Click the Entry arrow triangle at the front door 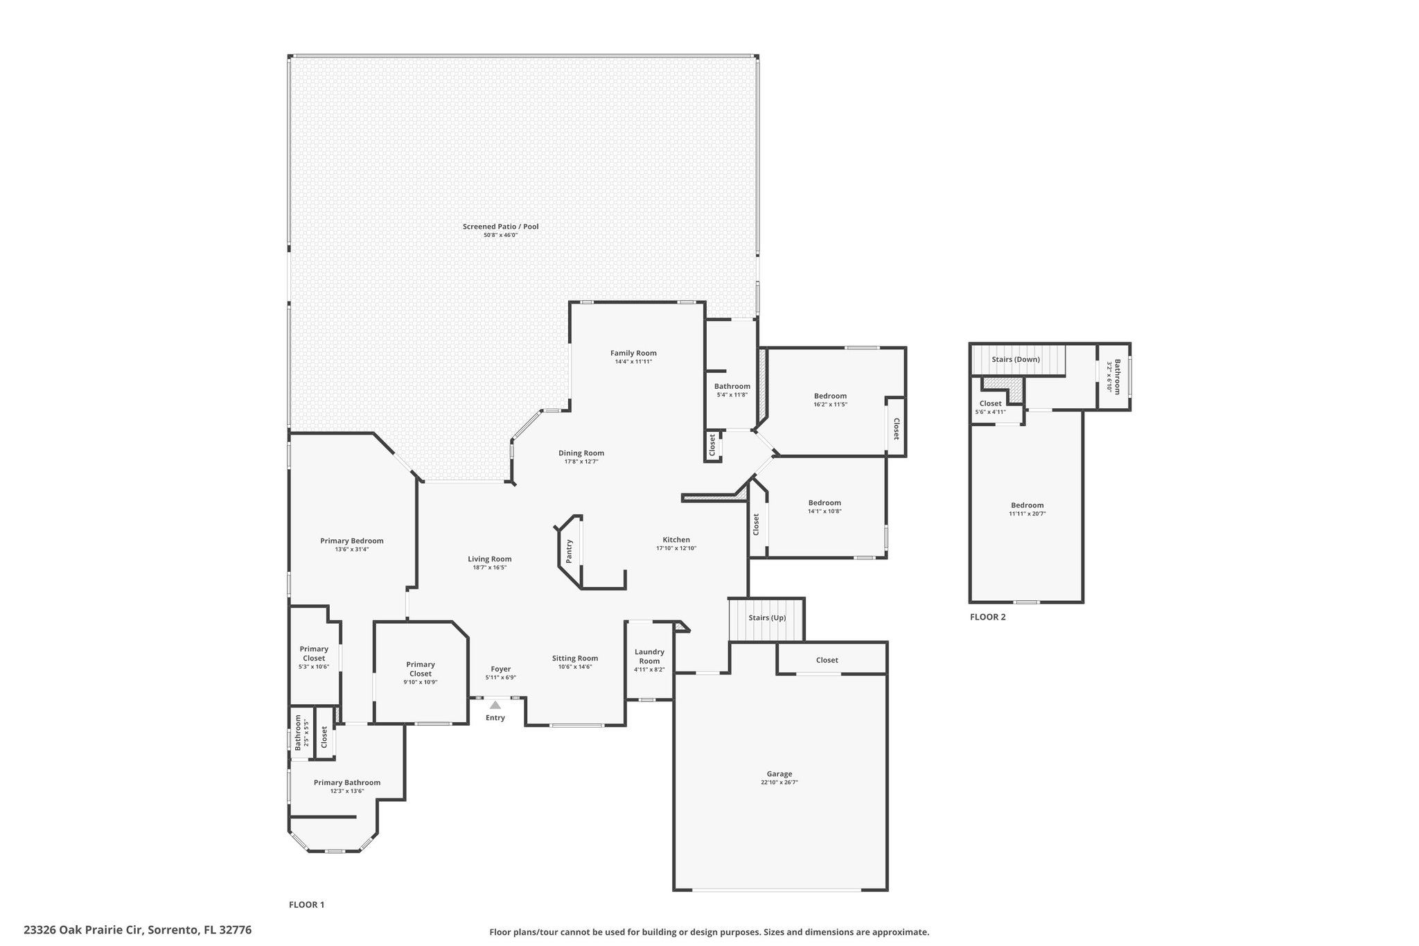[x=495, y=704]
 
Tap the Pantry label [x=570, y=551]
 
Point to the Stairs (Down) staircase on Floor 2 [x=1019, y=360]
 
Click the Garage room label [x=779, y=774]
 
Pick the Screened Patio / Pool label [x=501, y=227]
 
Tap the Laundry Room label [x=650, y=656]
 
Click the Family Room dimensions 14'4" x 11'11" [x=633, y=362]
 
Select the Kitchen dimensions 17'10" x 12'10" [x=676, y=548]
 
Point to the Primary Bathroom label [x=347, y=782]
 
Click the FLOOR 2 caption [x=987, y=617]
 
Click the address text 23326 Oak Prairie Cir [x=83, y=930]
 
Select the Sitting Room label [x=575, y=658]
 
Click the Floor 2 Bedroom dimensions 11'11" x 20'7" [x=1027, y=514]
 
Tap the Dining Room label [x=581, y=453]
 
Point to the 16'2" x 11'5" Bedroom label [x=830, y=396]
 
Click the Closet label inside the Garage [x=827, y=660]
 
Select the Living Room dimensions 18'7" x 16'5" [x=490, y=568]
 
